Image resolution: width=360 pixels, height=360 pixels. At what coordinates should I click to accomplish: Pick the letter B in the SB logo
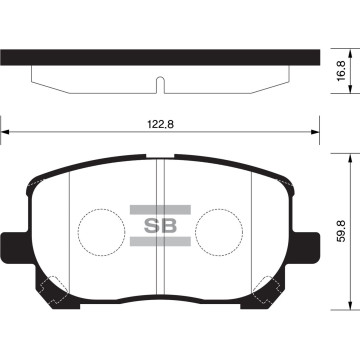(170, 225)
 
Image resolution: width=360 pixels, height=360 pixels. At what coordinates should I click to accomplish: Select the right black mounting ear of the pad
(307, 244)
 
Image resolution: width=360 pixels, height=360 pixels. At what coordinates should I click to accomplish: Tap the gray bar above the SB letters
(161, 209)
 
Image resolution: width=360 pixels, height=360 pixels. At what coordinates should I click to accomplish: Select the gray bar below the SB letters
(161, 241)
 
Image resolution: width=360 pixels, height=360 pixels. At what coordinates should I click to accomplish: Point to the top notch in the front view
(161, 157)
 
